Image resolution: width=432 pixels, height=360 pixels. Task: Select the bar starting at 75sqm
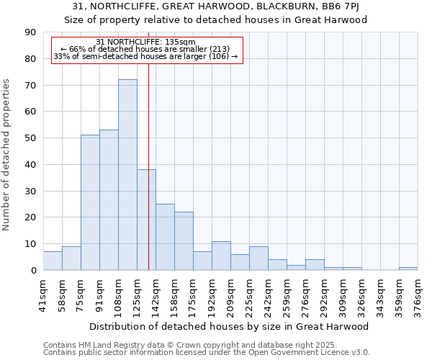(90, 202)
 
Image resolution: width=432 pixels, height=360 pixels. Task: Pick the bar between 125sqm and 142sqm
(146, 220)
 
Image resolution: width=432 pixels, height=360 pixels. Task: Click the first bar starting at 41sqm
(53, 261)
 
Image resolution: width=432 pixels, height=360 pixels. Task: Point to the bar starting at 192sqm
(221, 256)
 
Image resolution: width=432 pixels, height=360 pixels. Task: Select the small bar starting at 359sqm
(408, 269)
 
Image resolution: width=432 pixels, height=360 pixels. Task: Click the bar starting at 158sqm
(184, 240)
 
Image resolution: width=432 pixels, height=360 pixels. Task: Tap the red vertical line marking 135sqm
(148, 144)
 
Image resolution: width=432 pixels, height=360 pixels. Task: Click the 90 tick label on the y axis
(30, 32)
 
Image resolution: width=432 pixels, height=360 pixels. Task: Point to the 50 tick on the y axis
(30, 138)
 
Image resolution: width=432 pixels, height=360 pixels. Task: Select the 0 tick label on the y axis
(33, 270)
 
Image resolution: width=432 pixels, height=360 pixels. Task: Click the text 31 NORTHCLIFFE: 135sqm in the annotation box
(145, 42)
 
